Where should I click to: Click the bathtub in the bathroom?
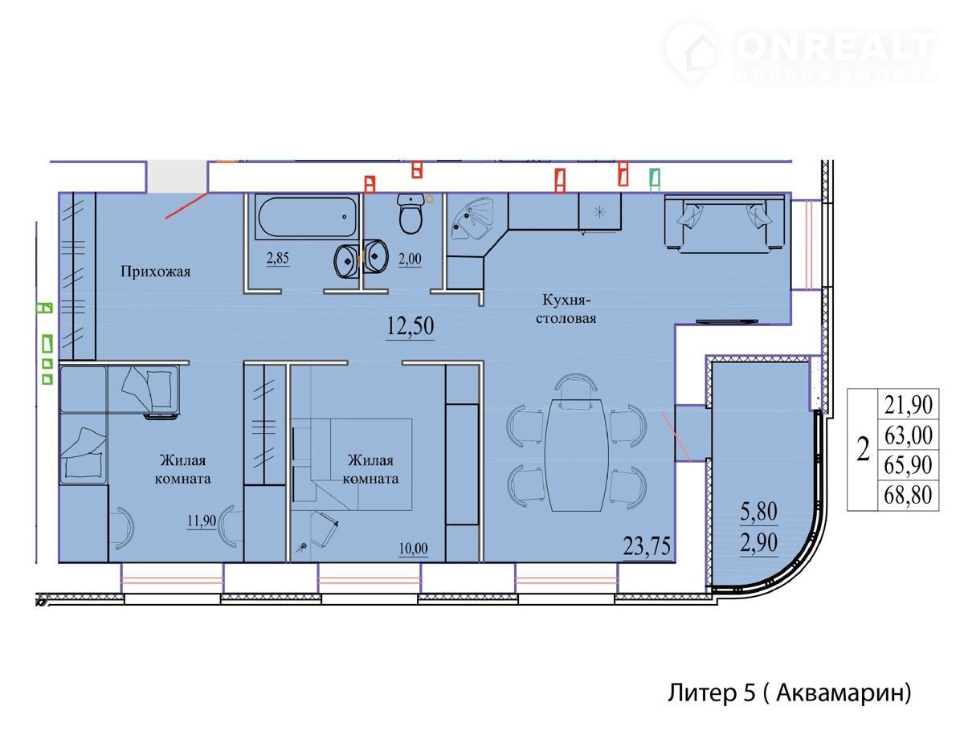click(307, 218)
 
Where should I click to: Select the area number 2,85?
click(278, 258)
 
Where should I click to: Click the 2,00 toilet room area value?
click(410, 259)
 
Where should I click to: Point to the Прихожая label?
click(156, 272)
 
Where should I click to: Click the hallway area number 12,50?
click(411, 325)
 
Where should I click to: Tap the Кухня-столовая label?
click(566, 308)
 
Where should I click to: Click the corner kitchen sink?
click(472, 218)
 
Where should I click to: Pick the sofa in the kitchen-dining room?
click(725, 224)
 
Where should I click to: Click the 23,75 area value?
click(647, 546)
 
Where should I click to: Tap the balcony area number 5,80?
click(758, 512)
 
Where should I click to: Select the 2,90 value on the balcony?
click(758, 542)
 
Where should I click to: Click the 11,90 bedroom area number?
click(202, 521)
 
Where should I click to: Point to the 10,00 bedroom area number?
click(413, 549)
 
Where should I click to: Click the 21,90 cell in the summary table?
click(909, 405)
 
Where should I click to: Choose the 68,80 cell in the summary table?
click(908, 496)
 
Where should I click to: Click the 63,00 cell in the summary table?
click(909, 435)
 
